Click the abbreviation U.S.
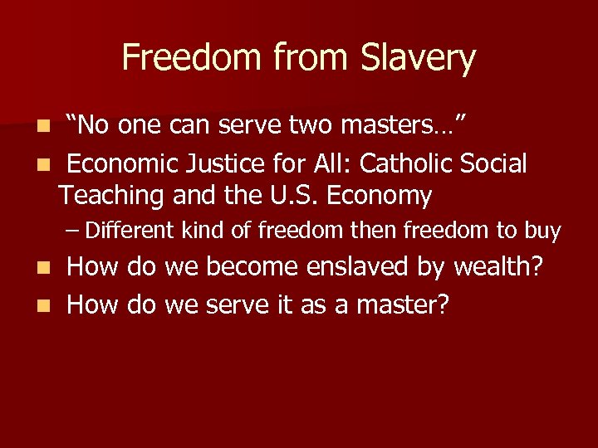coord(291,196)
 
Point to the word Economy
coord(380,197)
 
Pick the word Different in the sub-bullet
coord(128,231)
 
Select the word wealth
coord(504,267)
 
